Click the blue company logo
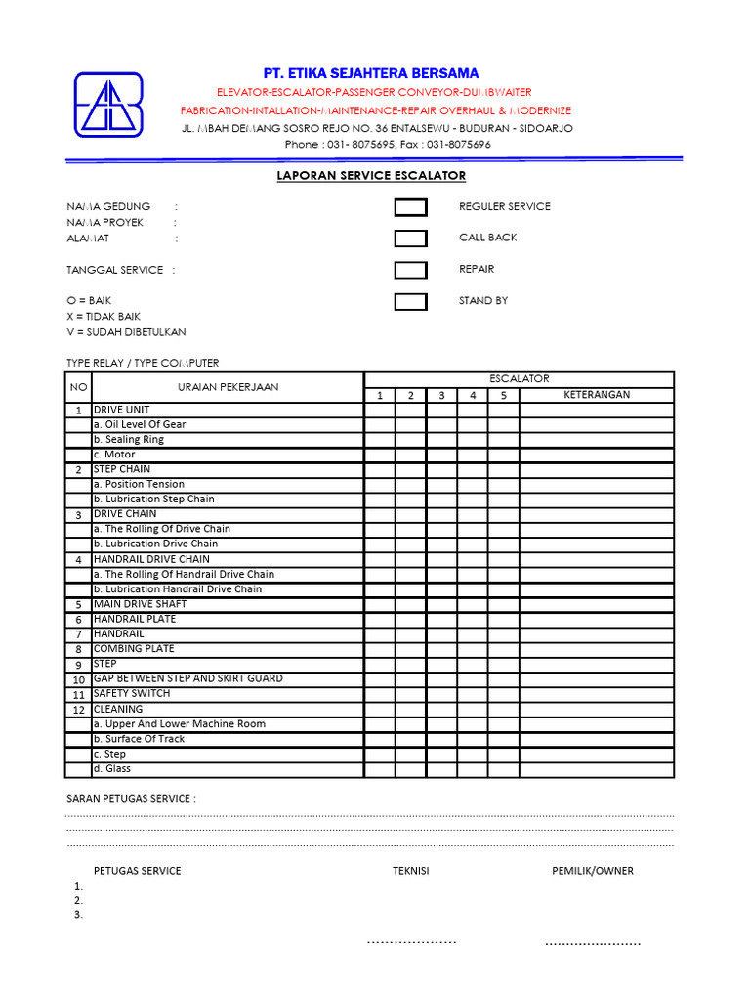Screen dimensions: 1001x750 point(108,105)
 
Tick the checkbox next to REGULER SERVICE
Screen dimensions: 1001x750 point(410,207)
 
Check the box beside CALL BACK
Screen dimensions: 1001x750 point(410,239)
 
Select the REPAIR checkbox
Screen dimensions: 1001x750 point(410,270)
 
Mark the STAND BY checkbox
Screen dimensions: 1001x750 point(410,301)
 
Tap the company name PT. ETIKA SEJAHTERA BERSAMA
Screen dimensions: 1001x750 point(371,73)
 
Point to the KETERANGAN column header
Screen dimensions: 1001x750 point(597,395)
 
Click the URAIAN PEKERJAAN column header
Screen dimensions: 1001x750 point(228,387)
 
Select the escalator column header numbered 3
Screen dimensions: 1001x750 point(441,396)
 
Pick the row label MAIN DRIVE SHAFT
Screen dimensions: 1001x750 point(140,604)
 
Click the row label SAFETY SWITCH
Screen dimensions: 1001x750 point(131,693)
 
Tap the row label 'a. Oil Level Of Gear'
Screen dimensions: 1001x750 point(139,424)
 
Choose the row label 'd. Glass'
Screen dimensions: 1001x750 point(111,769)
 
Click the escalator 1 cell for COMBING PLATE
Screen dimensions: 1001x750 point(380,649)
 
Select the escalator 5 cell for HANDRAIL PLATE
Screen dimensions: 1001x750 point(504,620)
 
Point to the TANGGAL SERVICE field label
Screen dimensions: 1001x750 point(114,270)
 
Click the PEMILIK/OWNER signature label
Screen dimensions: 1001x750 point(592,871)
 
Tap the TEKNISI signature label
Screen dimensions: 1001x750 point(411,871)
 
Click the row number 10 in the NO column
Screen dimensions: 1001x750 point(78,679)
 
